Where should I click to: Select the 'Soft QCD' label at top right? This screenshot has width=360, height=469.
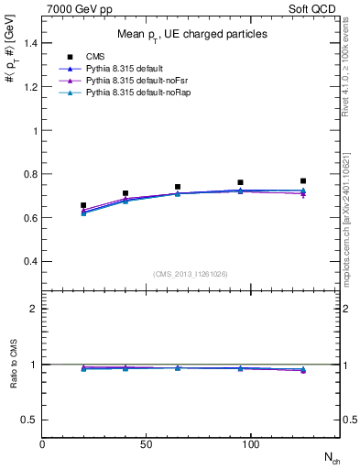tap(315, 8)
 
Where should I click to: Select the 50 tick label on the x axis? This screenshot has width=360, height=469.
tap(146, 444)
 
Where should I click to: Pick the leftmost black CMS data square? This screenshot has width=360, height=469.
tap(83, 205)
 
